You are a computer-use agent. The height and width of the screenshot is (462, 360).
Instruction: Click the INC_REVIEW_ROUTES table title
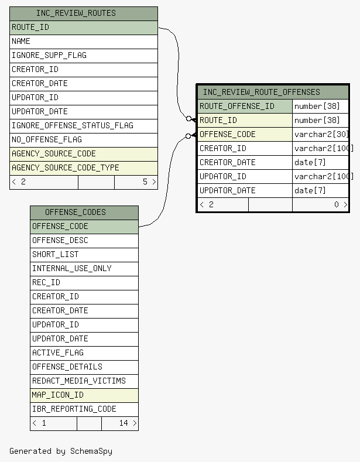click(x=76, y=13)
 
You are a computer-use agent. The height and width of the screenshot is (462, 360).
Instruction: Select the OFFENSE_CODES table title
click(x=76, y=213)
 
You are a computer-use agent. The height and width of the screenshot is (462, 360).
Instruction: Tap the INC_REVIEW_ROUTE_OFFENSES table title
click(x=261, y=92)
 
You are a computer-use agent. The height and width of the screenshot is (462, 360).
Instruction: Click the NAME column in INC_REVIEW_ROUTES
click(x=84, y=42)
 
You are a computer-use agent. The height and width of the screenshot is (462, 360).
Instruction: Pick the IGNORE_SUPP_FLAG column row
click(x=84, y=56)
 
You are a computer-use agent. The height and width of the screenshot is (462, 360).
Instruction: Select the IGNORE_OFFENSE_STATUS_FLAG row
click(x=84, y=126)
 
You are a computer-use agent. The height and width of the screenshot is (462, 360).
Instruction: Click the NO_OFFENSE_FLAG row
click(x=84, y=141)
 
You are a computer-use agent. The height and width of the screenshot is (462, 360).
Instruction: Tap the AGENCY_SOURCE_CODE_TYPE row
click(x=84, y=168)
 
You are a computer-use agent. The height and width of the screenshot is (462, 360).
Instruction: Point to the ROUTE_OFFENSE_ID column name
click(x=237, y=107)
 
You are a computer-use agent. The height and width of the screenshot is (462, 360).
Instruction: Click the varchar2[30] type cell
click(x=321, y=135)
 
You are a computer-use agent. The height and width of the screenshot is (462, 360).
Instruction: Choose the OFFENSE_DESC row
click(x=84, y=241)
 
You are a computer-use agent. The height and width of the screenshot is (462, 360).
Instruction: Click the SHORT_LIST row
click(x=84, y=255)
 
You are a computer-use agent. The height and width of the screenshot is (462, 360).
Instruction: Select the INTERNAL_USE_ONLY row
click(x=84, y=269)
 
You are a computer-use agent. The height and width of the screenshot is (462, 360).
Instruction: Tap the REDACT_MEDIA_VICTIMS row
click(x=84, y=381)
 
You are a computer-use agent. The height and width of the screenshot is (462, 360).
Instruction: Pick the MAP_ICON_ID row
click(x=84, y=395)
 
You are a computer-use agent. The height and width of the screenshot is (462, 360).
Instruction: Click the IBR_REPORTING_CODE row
click(x=84, y=409)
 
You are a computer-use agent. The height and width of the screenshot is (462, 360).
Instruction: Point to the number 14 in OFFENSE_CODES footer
click(x=124, y=423)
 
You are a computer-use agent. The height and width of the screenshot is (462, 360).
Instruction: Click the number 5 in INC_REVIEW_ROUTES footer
click(x=145, y=182)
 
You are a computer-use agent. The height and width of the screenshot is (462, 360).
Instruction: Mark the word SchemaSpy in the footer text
click(x=91, y=451)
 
